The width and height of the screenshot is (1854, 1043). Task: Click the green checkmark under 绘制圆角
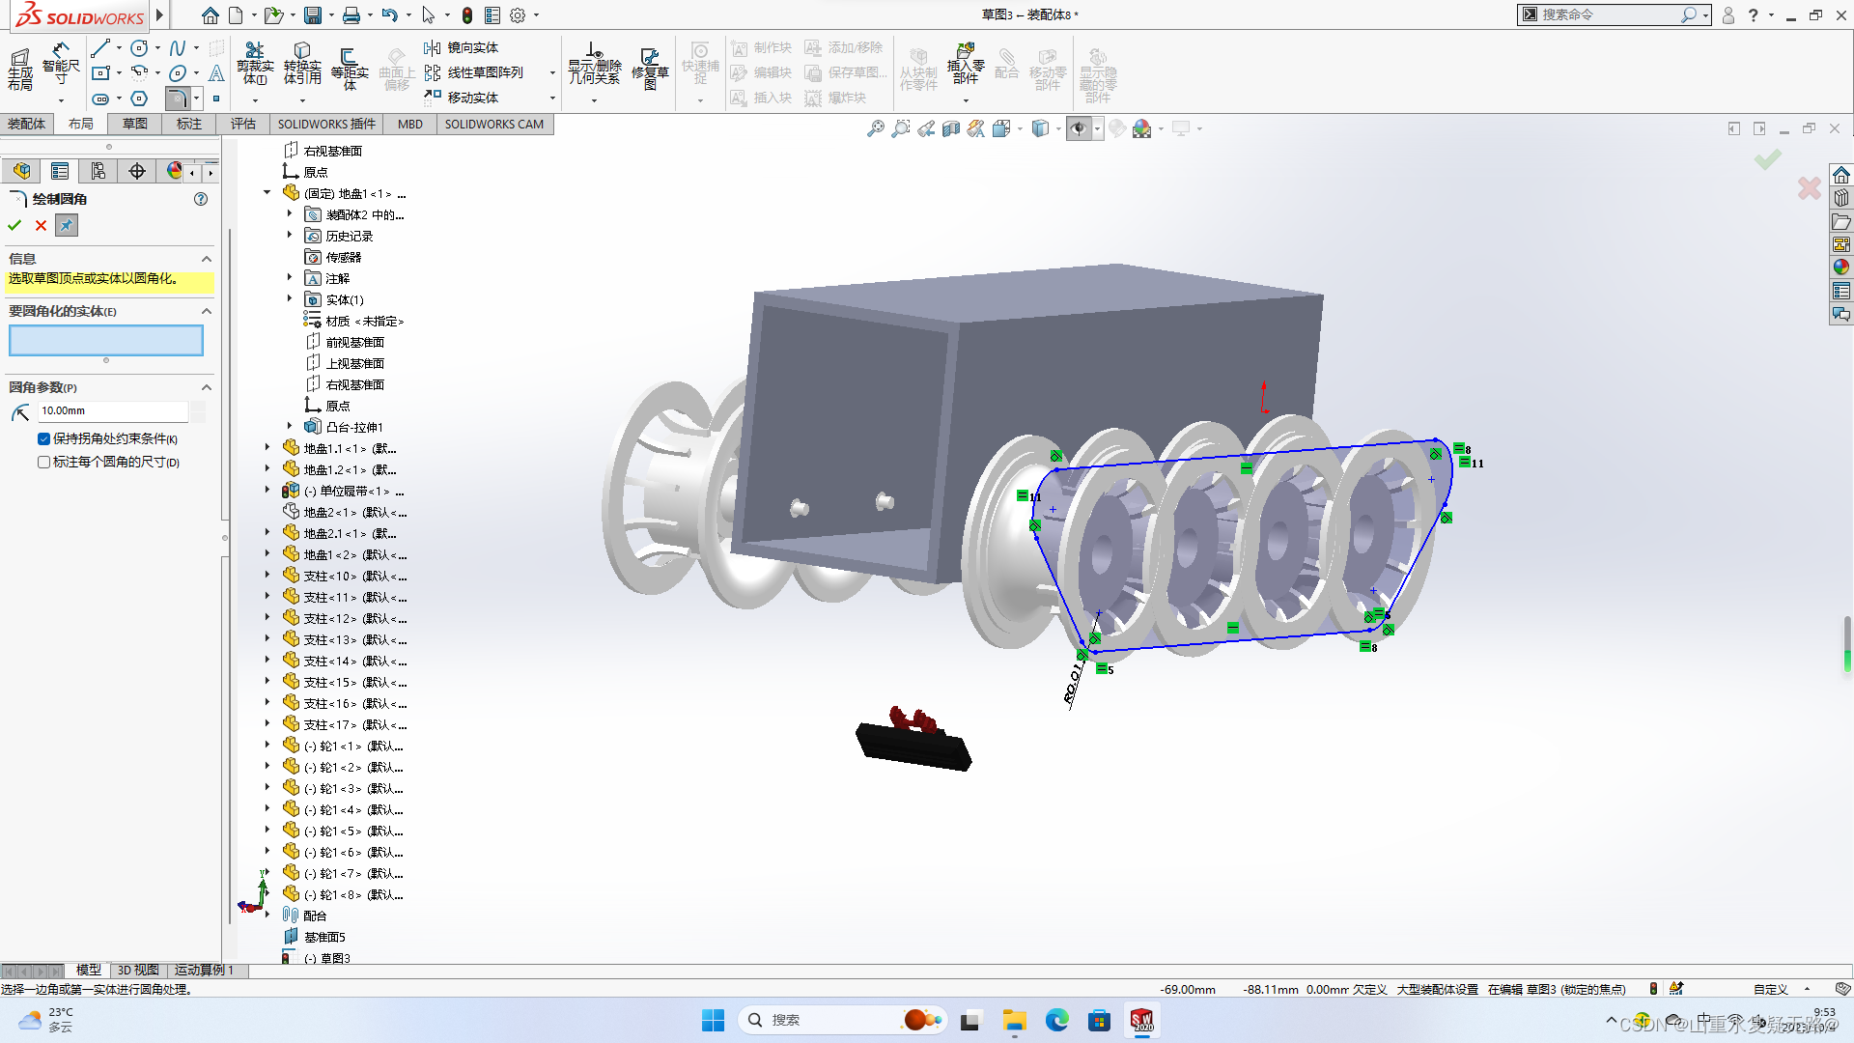tap(14, 225)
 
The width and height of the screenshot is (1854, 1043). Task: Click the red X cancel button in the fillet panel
tap(41, 225)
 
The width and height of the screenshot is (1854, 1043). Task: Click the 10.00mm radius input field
tap(112, 411)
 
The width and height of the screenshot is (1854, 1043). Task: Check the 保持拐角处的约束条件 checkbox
tap(44, 438)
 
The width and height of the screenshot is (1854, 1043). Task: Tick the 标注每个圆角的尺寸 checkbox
tap(44, 463)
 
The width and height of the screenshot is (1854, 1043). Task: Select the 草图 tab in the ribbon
tap(134, 124)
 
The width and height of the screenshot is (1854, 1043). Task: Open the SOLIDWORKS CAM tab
tap(493, 124)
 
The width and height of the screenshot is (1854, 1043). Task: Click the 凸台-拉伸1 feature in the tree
tap(354, 427)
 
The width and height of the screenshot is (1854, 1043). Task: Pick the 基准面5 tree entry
tap(324, 937)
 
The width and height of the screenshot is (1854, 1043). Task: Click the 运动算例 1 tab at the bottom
tap(204, 970)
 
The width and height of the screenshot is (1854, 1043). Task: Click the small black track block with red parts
tap(913, 744)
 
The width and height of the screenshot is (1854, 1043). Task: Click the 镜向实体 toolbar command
tap(472, 47)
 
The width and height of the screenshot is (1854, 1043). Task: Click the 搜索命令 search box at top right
tap(1608, 14)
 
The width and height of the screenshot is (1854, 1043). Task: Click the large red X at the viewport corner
tap(1809, 188)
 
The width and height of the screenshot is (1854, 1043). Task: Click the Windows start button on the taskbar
tap(713, 1020)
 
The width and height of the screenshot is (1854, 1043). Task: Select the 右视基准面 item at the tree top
tap(332, 151)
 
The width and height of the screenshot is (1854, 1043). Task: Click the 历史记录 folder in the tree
tap(349, 236)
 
